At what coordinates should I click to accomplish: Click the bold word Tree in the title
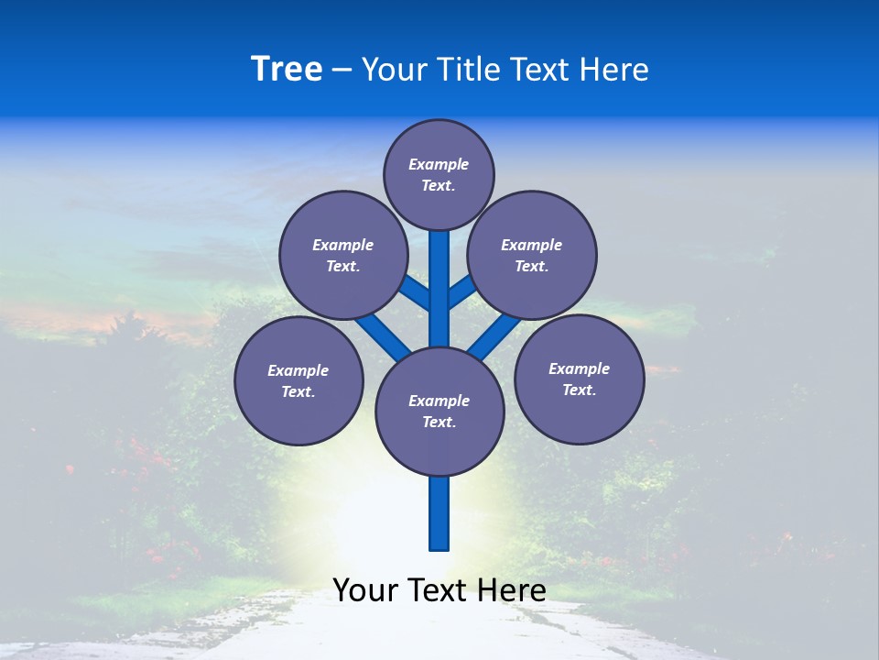287,69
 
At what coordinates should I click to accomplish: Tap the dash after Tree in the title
342,71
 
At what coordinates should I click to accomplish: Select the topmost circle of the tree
439,174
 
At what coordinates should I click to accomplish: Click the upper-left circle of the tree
343,255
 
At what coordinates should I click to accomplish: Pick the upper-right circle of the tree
532,255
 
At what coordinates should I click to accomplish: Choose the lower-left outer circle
298,380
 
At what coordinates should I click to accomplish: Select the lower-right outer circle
579,379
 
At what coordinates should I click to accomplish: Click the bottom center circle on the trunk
439,411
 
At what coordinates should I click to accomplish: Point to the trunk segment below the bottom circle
439,513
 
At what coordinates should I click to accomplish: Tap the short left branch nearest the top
417,293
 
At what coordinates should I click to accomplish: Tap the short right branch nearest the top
461,291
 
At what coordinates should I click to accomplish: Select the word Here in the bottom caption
513,590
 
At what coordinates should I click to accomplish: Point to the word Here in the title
615,70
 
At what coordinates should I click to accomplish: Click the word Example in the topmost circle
439,164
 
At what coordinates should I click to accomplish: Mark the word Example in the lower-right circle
579,368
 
